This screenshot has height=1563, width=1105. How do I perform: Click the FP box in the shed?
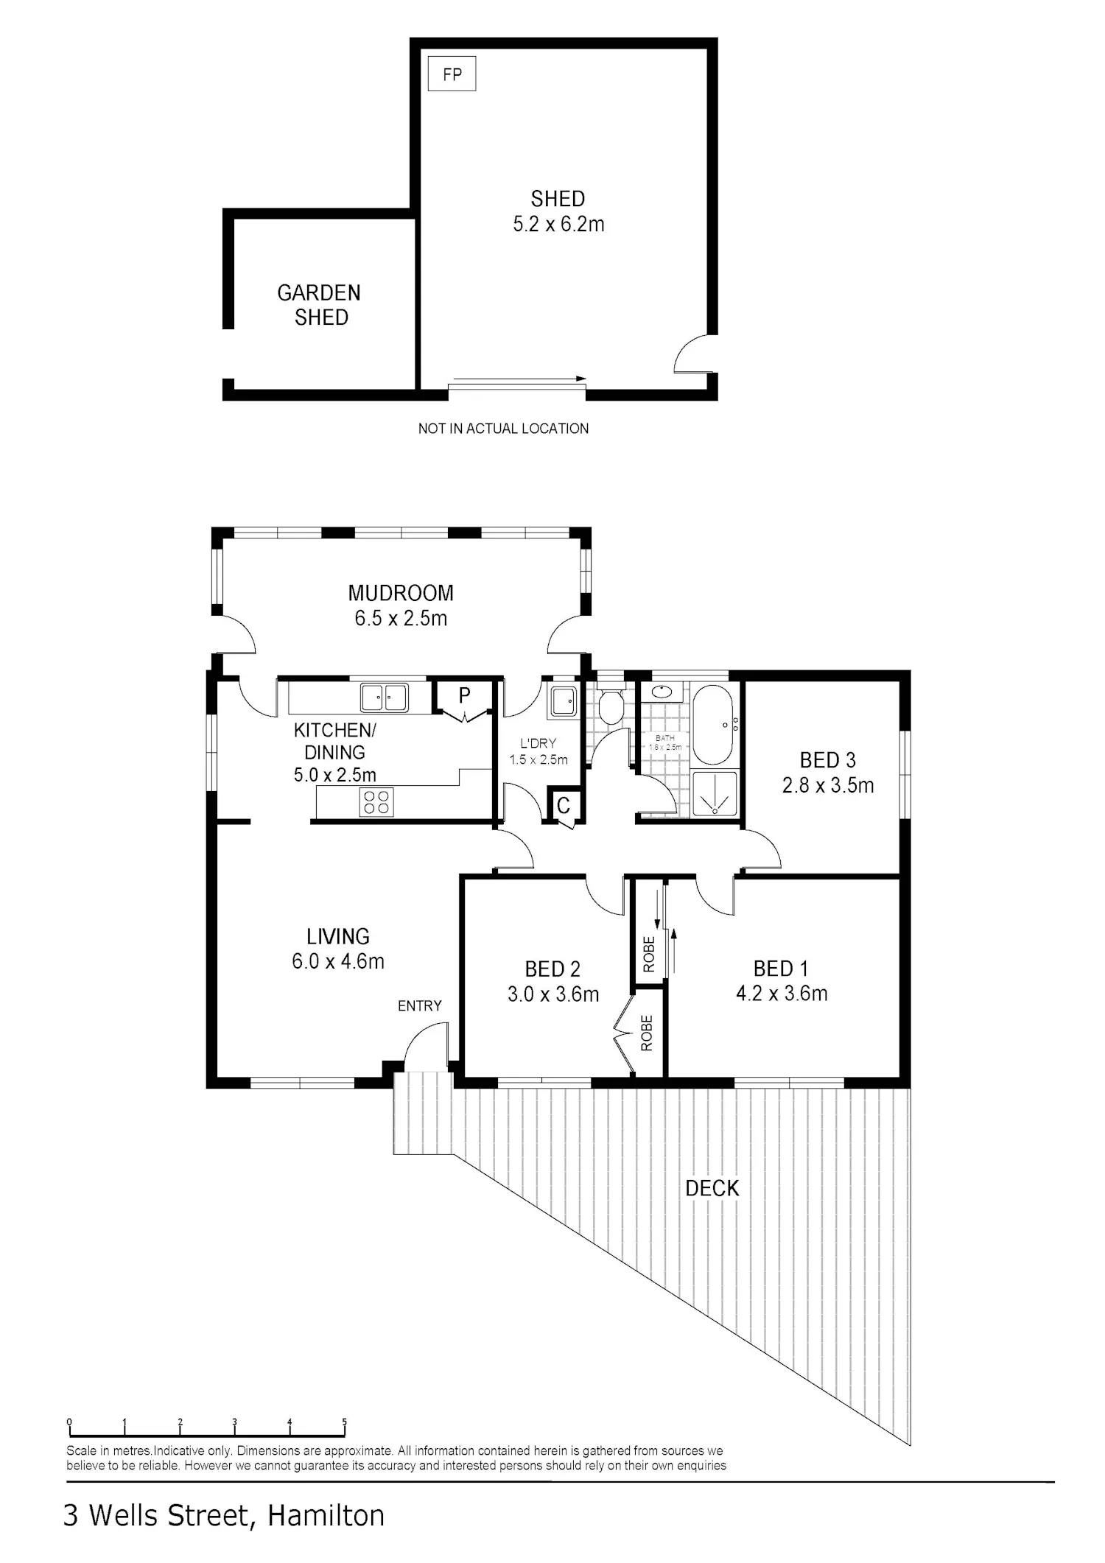coord(452,74)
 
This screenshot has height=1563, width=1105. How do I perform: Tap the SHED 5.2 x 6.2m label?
coord(558,211)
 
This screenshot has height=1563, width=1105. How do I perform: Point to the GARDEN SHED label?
coord(319,305)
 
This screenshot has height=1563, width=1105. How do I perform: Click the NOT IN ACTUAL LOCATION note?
coord(503,429)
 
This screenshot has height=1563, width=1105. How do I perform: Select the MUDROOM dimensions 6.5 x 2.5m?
coord(401,618)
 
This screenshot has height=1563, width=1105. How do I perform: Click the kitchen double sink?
coord(384,698)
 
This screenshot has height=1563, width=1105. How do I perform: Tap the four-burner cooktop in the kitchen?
coord(376,802)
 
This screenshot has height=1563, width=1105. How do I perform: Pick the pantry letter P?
coord(464,695)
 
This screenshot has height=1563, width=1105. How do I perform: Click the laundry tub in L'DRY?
coord(564,701)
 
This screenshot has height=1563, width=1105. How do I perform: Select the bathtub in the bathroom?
coord(712,725)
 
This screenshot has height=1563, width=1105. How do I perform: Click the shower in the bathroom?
coord(714,793)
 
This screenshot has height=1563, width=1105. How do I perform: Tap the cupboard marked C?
coord(564,805)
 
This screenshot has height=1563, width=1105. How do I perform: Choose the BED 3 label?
coord(828,760)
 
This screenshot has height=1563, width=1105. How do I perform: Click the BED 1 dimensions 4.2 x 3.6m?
coord(782,994)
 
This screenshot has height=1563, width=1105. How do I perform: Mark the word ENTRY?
coord(420,1006)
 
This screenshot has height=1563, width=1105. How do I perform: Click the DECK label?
coord(712,1189)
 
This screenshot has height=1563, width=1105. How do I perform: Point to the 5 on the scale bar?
coord(345,1422)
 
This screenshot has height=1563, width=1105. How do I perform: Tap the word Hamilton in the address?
coord(326,1517)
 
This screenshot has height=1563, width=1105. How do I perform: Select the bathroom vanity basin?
coord(662,692)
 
